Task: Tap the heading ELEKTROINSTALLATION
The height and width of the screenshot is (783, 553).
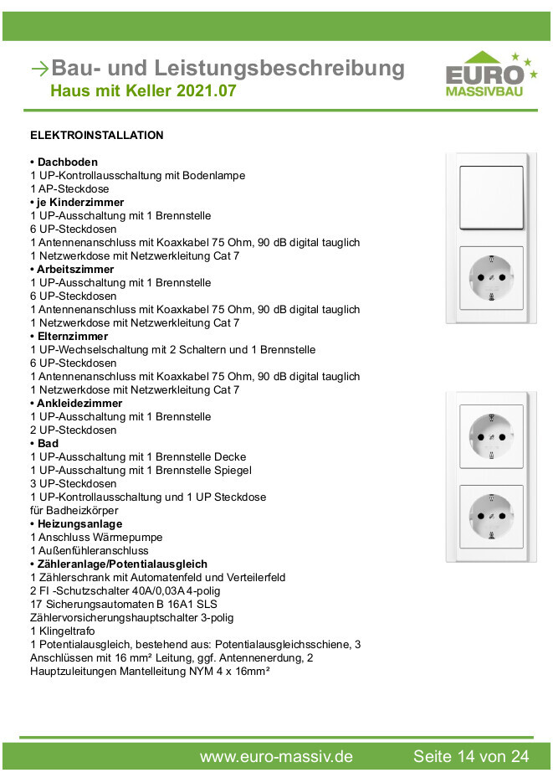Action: pos(97,135)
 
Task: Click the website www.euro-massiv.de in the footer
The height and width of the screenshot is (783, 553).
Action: pos(276,756)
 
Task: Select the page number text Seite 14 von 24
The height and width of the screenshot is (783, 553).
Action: pos(471,756)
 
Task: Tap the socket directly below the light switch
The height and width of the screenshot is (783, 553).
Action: pos(491,277)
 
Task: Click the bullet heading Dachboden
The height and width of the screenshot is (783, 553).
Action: pos(67,162)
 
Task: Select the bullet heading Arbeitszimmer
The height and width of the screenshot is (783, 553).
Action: pos(74,269)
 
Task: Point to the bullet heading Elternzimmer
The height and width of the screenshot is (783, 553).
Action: pos(72,336)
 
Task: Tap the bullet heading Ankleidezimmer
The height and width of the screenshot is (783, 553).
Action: pos(79,403)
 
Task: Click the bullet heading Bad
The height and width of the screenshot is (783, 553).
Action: pos(47,443)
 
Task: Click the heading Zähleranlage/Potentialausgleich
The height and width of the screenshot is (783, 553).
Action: pos(121,564)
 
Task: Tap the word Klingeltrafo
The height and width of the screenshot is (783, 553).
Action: pos(66,631)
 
